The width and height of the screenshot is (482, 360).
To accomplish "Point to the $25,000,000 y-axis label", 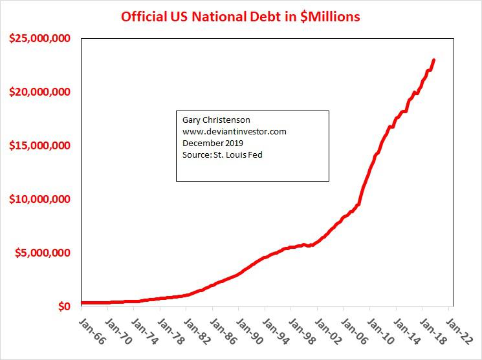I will click(40, 39).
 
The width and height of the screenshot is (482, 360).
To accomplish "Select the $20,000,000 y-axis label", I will click(40, 92).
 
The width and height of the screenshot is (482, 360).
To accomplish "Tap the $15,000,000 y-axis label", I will click(40, 146).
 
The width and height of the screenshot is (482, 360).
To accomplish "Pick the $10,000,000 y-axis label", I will click(40, 199).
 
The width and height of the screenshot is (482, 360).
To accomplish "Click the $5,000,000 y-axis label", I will click(43, 253).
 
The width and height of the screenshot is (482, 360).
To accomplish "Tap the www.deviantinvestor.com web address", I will click(234, 131).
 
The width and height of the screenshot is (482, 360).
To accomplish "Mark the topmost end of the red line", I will click(433, 60).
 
